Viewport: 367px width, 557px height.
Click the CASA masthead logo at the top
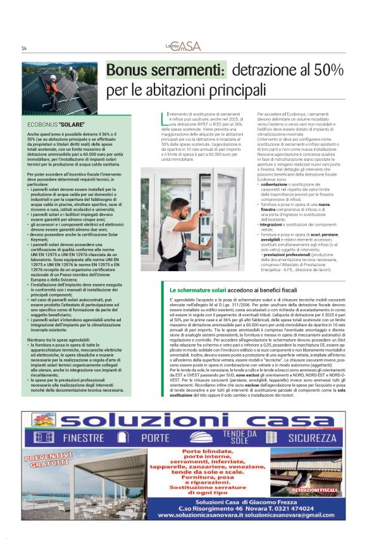(188, 46)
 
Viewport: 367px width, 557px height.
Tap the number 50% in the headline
(328, 70)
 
